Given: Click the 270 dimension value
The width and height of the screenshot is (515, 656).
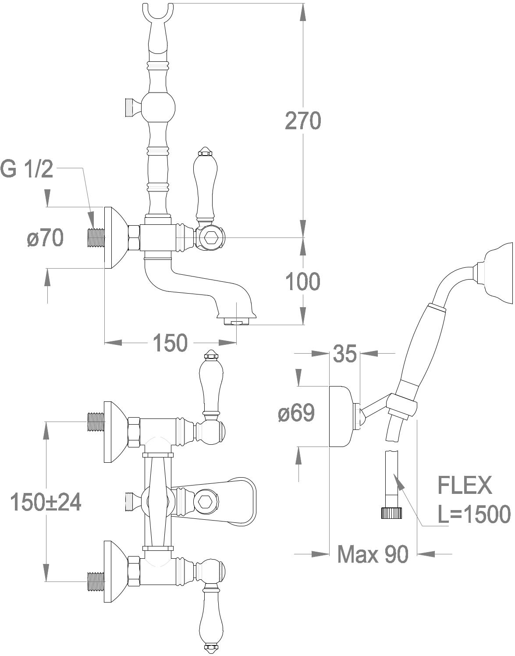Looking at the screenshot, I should (303, 121).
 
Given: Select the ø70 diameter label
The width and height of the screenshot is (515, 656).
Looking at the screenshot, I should (45, 238).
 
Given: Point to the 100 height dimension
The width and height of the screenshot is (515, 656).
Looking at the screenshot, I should (303, 281).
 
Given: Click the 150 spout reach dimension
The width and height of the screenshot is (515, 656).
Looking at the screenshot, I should (170, 342).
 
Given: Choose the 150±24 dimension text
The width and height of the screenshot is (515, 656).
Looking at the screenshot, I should (46, 502).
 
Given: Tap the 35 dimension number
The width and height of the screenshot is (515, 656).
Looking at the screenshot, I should (345, 354).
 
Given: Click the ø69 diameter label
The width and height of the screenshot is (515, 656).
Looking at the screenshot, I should (296, 413).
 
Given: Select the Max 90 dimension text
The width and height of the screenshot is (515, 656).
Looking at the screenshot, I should (373, 554).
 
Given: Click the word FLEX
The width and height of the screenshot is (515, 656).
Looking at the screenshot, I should (465, 486).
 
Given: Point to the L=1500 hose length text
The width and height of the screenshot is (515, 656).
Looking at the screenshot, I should (474, 514).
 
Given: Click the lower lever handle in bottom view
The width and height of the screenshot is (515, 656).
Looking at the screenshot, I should (213, 618).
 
